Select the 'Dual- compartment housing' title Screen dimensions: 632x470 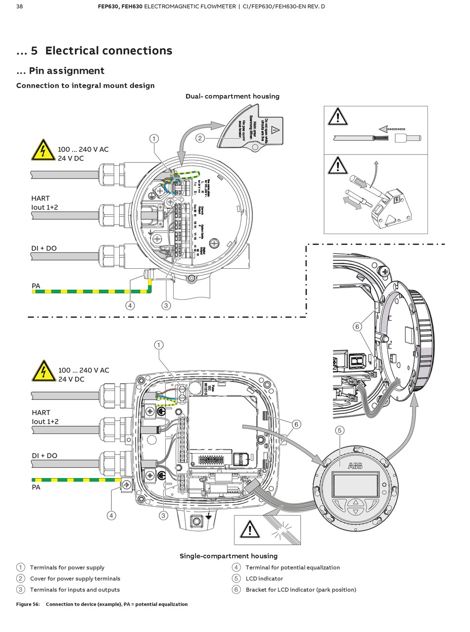pyautogui.click(x=232, y=96)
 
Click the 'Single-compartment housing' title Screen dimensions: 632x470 pyautogui.click(x=228, y=556)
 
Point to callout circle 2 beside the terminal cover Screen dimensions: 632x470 pyautogui.click(x=200, y=138)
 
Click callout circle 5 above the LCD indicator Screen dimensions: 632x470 pyautogui.click(x=339, y=431)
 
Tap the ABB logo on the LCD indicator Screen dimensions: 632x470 pyautogui.click(x=355, y=466)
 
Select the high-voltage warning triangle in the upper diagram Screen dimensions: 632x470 pyautogui.click(x=43, y=150)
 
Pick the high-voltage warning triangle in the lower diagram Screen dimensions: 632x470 pyautogui.click(x=43, y=371)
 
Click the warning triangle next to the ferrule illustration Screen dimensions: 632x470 pyautogui.click(x=337, y=117)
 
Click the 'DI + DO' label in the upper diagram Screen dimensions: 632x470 pyautogui.click(x=44, y=248)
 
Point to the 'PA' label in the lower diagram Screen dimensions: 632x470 pyautogui.click(x=36, y=487)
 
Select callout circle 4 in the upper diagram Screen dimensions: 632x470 pyautogui.click(x=130, y=305)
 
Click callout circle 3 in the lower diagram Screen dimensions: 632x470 pyautogui.click(x=163, y=515)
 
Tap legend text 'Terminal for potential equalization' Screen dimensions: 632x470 pyautogui.click(x=292, y=567)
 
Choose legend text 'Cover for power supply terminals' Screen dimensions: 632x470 pyautogui.click(x=75, y=578)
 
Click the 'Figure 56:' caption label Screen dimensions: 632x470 pyautogui.click(x=28, y=604)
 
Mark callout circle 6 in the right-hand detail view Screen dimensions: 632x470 pyautogui.click(x=357, y=326)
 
